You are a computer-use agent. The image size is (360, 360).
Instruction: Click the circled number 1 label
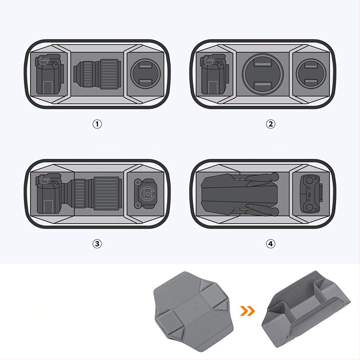97,124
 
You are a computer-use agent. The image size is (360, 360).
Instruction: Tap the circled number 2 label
270,124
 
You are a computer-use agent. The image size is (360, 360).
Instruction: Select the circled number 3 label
97,243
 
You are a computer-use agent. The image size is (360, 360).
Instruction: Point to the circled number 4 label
270,243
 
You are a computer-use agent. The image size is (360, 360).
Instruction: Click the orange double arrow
247,311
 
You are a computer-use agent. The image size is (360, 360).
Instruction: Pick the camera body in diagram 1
49,74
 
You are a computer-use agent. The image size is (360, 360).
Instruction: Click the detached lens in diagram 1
97,73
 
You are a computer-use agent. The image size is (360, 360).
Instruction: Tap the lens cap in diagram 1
145,73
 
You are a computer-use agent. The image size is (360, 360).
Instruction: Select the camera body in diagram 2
215,74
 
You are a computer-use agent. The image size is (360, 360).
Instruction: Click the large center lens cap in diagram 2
263,73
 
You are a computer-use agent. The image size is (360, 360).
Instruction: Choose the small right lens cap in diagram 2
311,73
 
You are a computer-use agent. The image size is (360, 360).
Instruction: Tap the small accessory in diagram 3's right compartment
145,194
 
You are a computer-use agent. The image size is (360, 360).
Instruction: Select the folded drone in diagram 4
240,194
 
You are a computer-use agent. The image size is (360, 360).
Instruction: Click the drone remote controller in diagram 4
311,194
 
